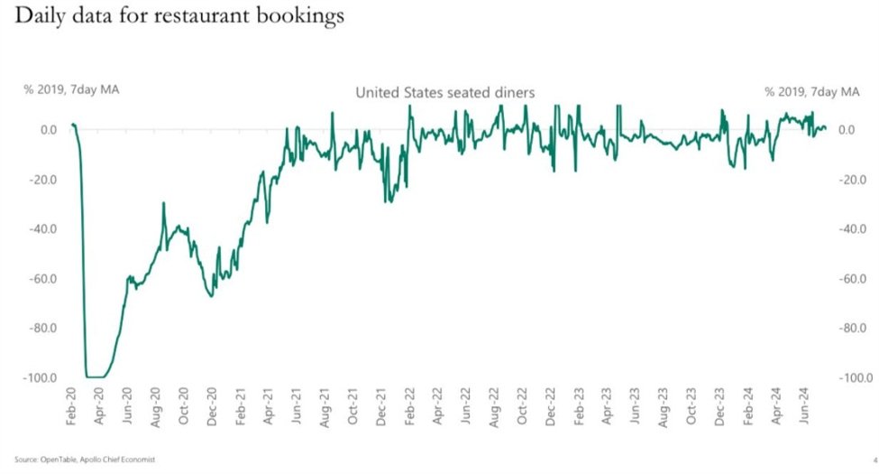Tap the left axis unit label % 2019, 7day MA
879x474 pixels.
click(x=70, y=91)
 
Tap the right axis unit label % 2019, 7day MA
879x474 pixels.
click(x=811, y=91)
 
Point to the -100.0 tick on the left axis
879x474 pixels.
click(x=41, y=377)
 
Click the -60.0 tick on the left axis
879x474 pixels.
click(x=42, y=278)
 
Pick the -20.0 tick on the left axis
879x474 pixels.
click(x=42, y=179)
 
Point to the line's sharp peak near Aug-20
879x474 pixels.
click(x=163, y=204)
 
